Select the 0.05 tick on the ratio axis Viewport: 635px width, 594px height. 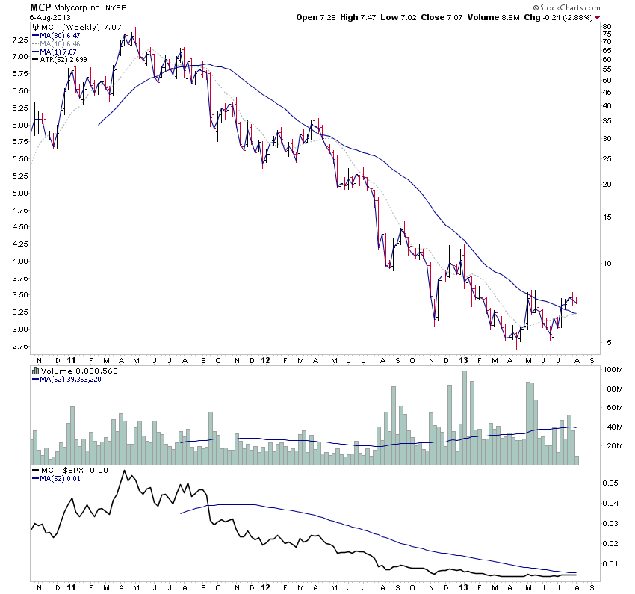(x=612, y=483)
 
